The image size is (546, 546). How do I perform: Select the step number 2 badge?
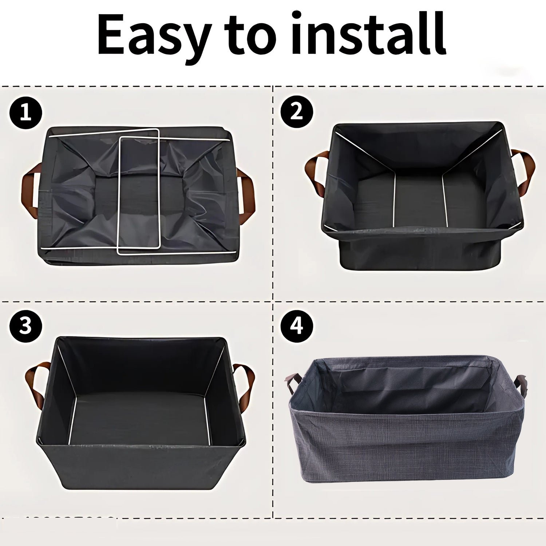(x=297, y=111)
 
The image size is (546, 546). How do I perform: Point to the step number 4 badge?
(x=297, y=325)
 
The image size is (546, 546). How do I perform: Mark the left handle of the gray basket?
(x=293, y=382)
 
